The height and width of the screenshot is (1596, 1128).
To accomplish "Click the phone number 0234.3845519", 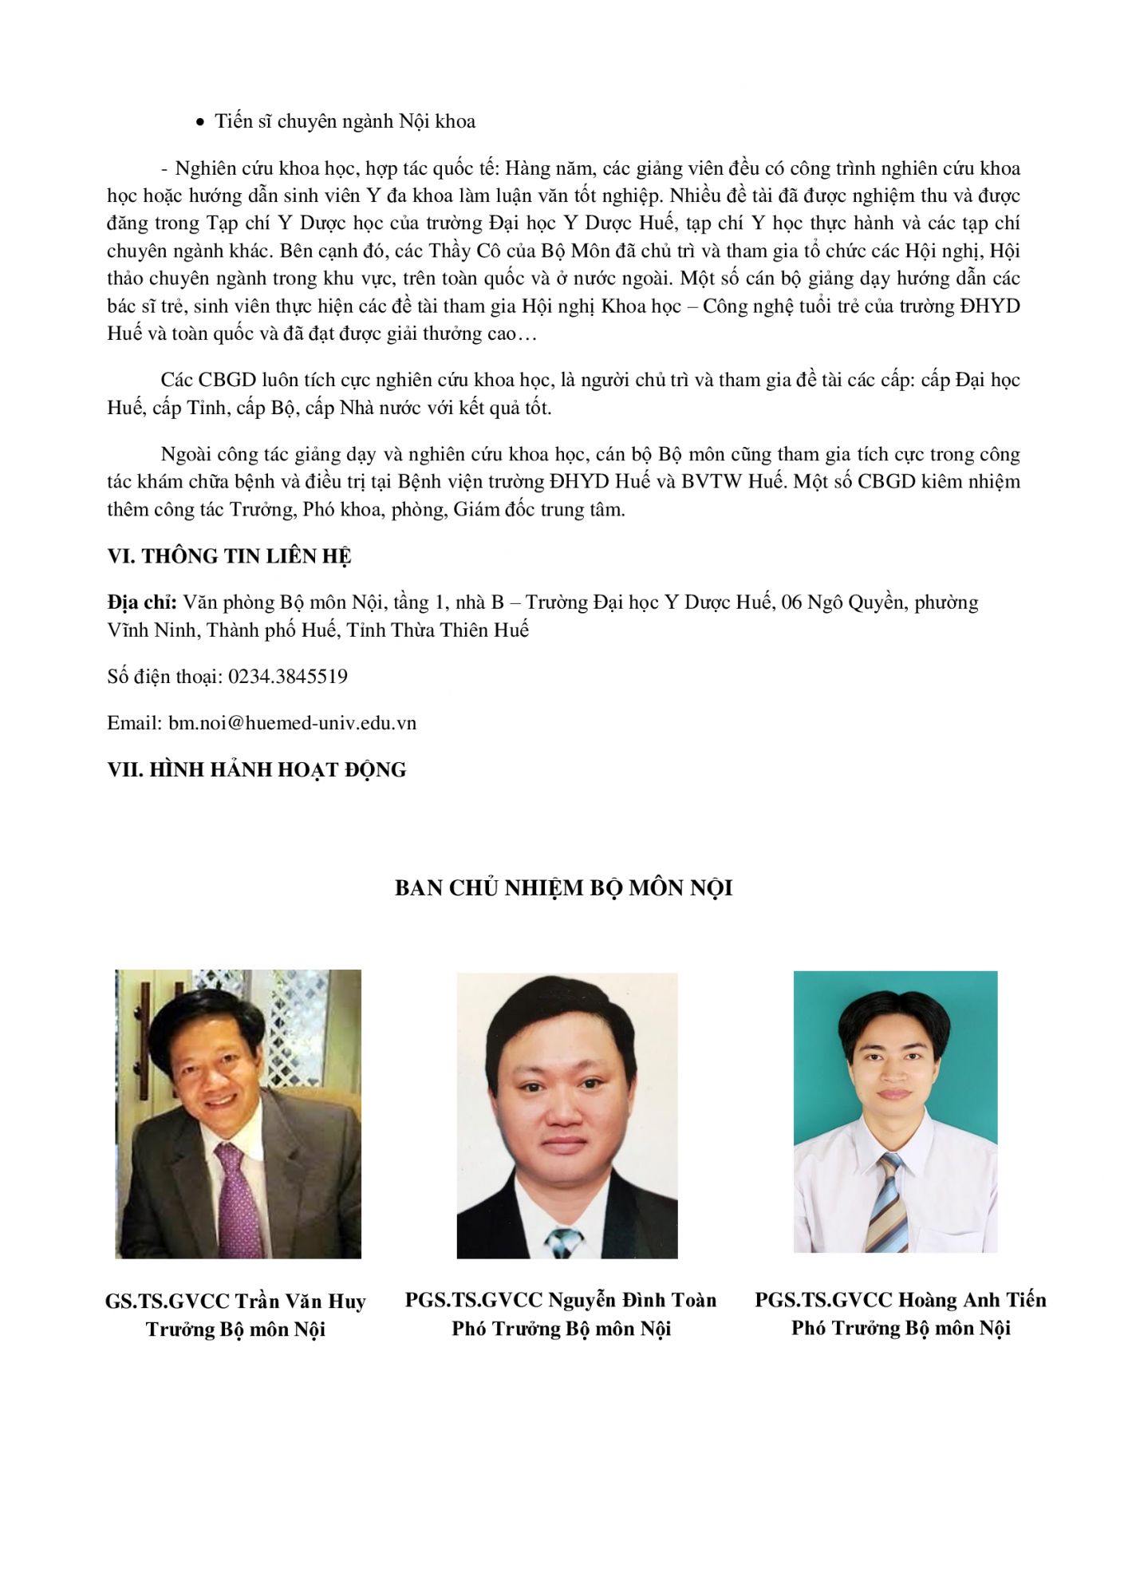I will pyautogui.click(x=288, y=677).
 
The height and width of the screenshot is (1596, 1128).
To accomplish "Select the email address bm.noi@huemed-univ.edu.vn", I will pyautogui.click(x=292, y=723).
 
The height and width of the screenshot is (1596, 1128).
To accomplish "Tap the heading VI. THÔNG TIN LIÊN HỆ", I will pyautogui.click(x=229, y=556).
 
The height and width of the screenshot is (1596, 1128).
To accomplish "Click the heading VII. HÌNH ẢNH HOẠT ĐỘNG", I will pyautogui.click(x=256, y=770).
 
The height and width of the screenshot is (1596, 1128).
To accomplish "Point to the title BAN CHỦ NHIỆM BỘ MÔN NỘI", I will pyautogui.click(x=563, y=888).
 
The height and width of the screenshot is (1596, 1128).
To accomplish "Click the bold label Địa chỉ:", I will pyautogui.click(x=142, y=602).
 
